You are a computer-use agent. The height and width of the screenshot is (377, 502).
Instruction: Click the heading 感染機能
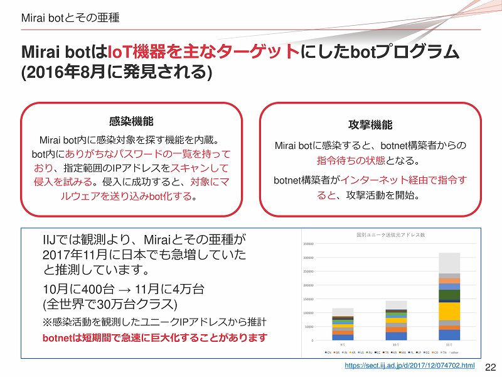click(x=131, y=121)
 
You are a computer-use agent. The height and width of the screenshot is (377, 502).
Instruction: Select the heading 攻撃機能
click(x=370, y=124)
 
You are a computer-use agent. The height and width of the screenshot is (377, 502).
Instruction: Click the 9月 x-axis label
click(x=342, y=344)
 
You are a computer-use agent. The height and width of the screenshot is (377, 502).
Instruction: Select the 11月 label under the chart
click(x=449, y=344)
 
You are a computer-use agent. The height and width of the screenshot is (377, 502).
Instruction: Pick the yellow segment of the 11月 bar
click(x=449, y=311)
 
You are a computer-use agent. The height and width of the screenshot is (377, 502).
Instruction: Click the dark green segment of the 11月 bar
click(x=449, y=294)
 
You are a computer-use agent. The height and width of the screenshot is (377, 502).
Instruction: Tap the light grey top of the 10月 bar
click(x=396, y=305)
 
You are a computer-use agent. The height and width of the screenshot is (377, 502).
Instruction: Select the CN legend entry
click(x=328, y=352)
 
